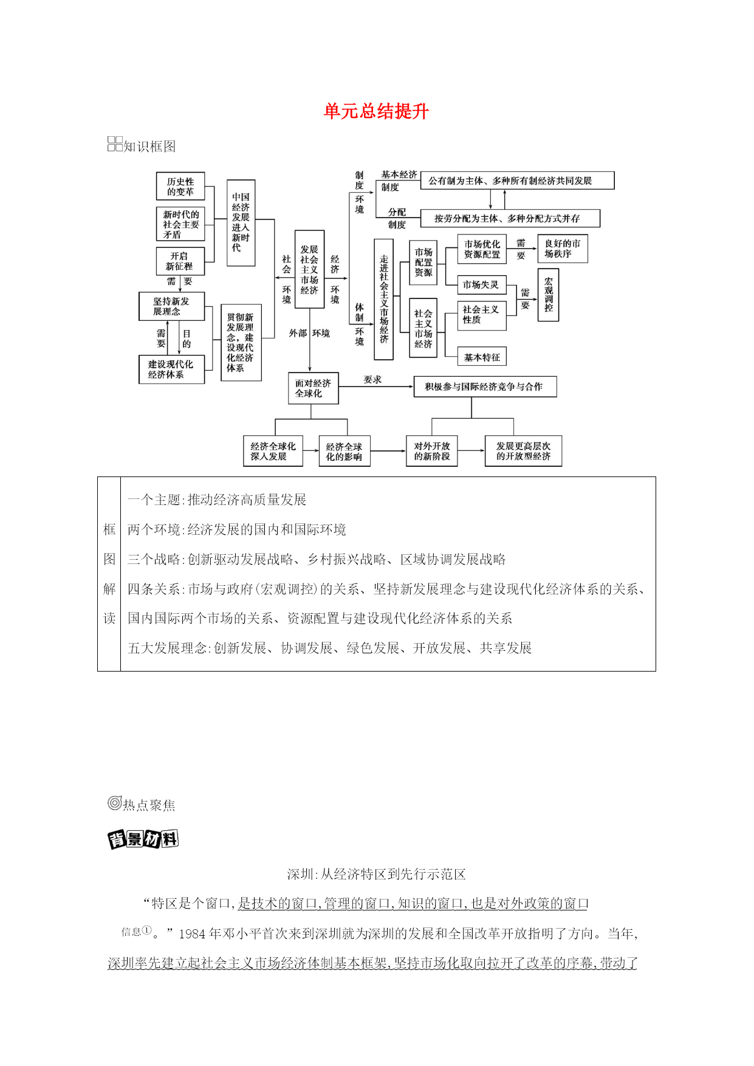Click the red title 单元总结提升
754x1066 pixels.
[x=376, y=111]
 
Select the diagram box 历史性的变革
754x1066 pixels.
[x=180, y=187]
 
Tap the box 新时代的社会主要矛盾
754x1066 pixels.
[x=180, y=224]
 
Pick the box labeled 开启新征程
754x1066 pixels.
[x=180, y=261]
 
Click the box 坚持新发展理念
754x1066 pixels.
[x=171, y=306]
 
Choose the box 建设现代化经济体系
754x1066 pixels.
[x=171, y=370]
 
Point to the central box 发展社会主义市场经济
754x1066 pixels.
[x=309, y=270]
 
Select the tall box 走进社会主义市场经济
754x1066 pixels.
[x=384, y=300]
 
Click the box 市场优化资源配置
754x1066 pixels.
[x=482, y=249]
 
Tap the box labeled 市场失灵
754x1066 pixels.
[x=482, y=284]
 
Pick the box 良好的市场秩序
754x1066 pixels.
[x=563, y=249]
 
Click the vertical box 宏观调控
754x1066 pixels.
[x=549, y=295]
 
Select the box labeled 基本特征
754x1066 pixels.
[x=482, y=357]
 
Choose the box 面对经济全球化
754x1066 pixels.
[x=313, y=388]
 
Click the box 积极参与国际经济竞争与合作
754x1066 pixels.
[x=485, y=387]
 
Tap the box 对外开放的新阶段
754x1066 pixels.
[x=432, y=451]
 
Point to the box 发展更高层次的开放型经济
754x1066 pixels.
[x=523, y=451]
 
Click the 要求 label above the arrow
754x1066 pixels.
[x=372, y=380]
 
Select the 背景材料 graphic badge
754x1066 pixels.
[x=143, y=839]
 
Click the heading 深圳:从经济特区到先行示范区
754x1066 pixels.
[x=377, y=874]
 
